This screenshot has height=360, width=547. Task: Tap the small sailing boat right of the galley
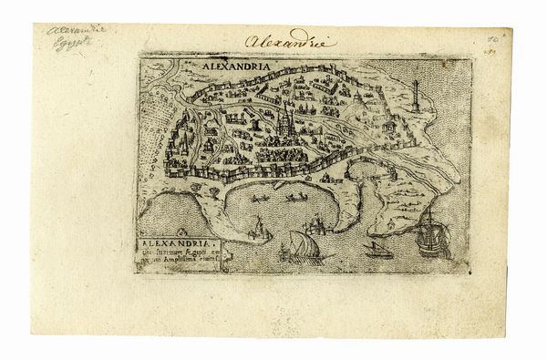tap(371, 247)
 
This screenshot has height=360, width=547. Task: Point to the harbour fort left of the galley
tap(259, 228)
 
